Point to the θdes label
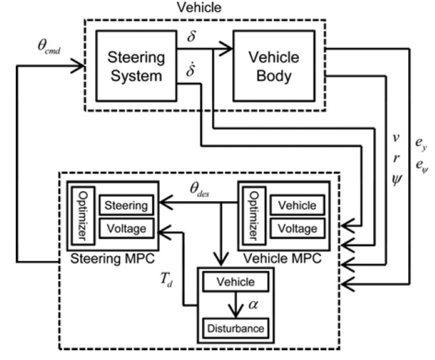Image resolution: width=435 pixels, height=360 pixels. [x=204, y=190]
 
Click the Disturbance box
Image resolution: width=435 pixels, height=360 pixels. [x=235, y=328]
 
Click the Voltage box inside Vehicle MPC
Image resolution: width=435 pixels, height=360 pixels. [x=298, y=228]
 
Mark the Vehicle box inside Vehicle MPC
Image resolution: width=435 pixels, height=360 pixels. [x=298, y=205]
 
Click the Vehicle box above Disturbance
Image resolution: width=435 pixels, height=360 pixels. [x=235, y=282]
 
